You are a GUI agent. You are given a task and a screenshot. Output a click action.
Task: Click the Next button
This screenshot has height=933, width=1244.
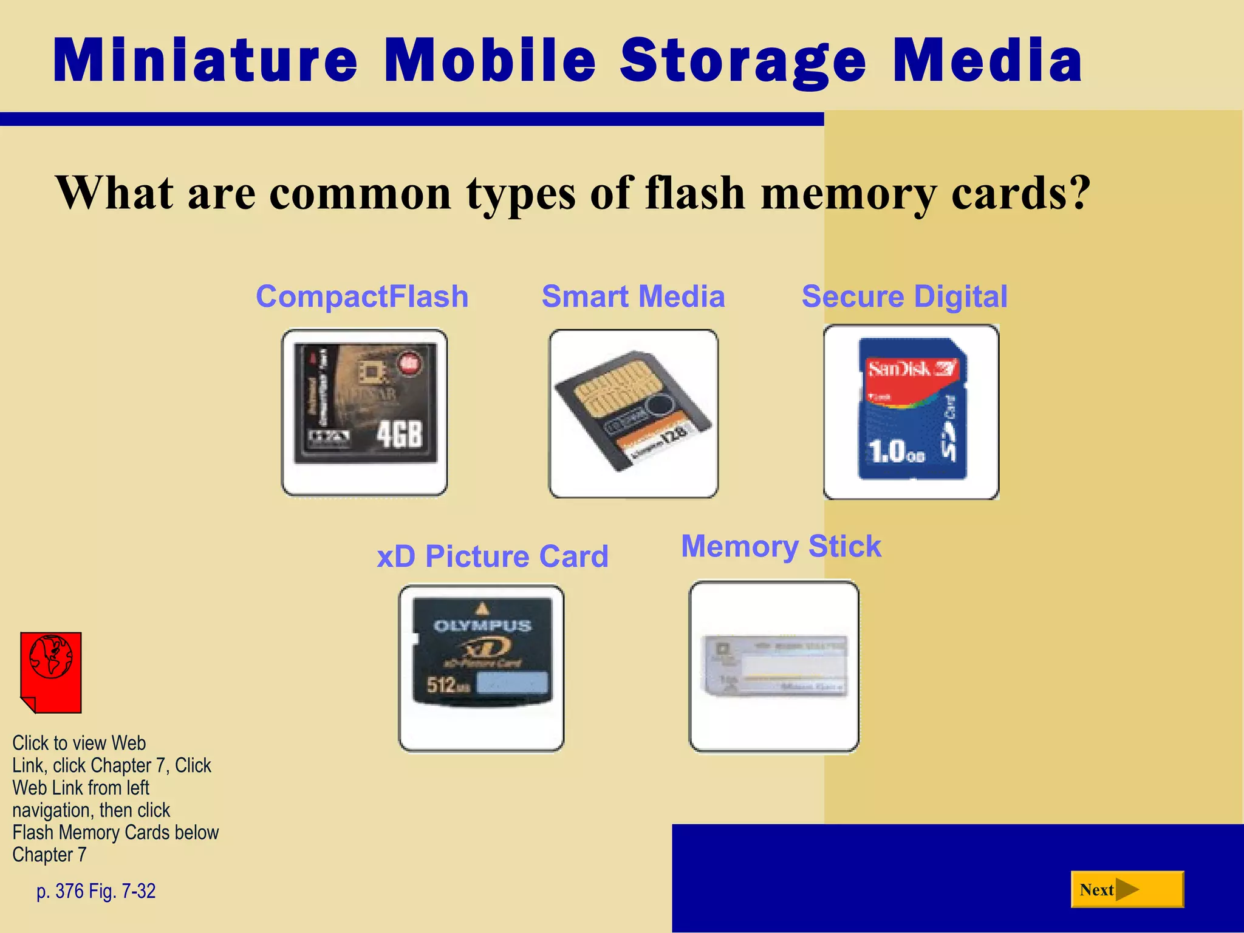point(1127,890)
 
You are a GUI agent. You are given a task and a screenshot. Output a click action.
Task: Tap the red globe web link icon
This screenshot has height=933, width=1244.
point(51,671)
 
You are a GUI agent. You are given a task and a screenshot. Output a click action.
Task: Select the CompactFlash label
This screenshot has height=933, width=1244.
point(362,296)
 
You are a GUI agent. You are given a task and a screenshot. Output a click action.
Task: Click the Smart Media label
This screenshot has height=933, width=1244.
point(633,296)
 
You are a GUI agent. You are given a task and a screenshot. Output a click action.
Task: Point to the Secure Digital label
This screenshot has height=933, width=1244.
point(904,296)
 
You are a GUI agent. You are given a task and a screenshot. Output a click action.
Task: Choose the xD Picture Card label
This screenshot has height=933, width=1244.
point(492,556)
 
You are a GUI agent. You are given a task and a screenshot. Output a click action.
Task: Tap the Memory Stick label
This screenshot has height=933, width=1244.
point(781,546)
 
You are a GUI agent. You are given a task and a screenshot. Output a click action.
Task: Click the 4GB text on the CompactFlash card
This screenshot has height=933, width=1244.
point(398,434)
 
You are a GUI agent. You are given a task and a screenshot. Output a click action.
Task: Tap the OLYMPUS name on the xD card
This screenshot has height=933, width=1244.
point(482,626)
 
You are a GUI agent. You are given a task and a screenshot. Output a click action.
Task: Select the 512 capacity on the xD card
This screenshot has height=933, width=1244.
point(442,685)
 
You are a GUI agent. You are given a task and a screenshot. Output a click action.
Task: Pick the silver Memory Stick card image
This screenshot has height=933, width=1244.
point(774,666)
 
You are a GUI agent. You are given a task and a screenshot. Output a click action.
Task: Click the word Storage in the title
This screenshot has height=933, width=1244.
point(742,61)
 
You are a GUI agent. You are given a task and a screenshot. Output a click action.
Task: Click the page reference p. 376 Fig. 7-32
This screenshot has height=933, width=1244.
point(96,891)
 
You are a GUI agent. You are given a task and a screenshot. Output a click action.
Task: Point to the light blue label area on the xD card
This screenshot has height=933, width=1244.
point(512,683)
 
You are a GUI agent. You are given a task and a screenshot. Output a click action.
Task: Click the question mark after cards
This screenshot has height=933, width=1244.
point(1078,192)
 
